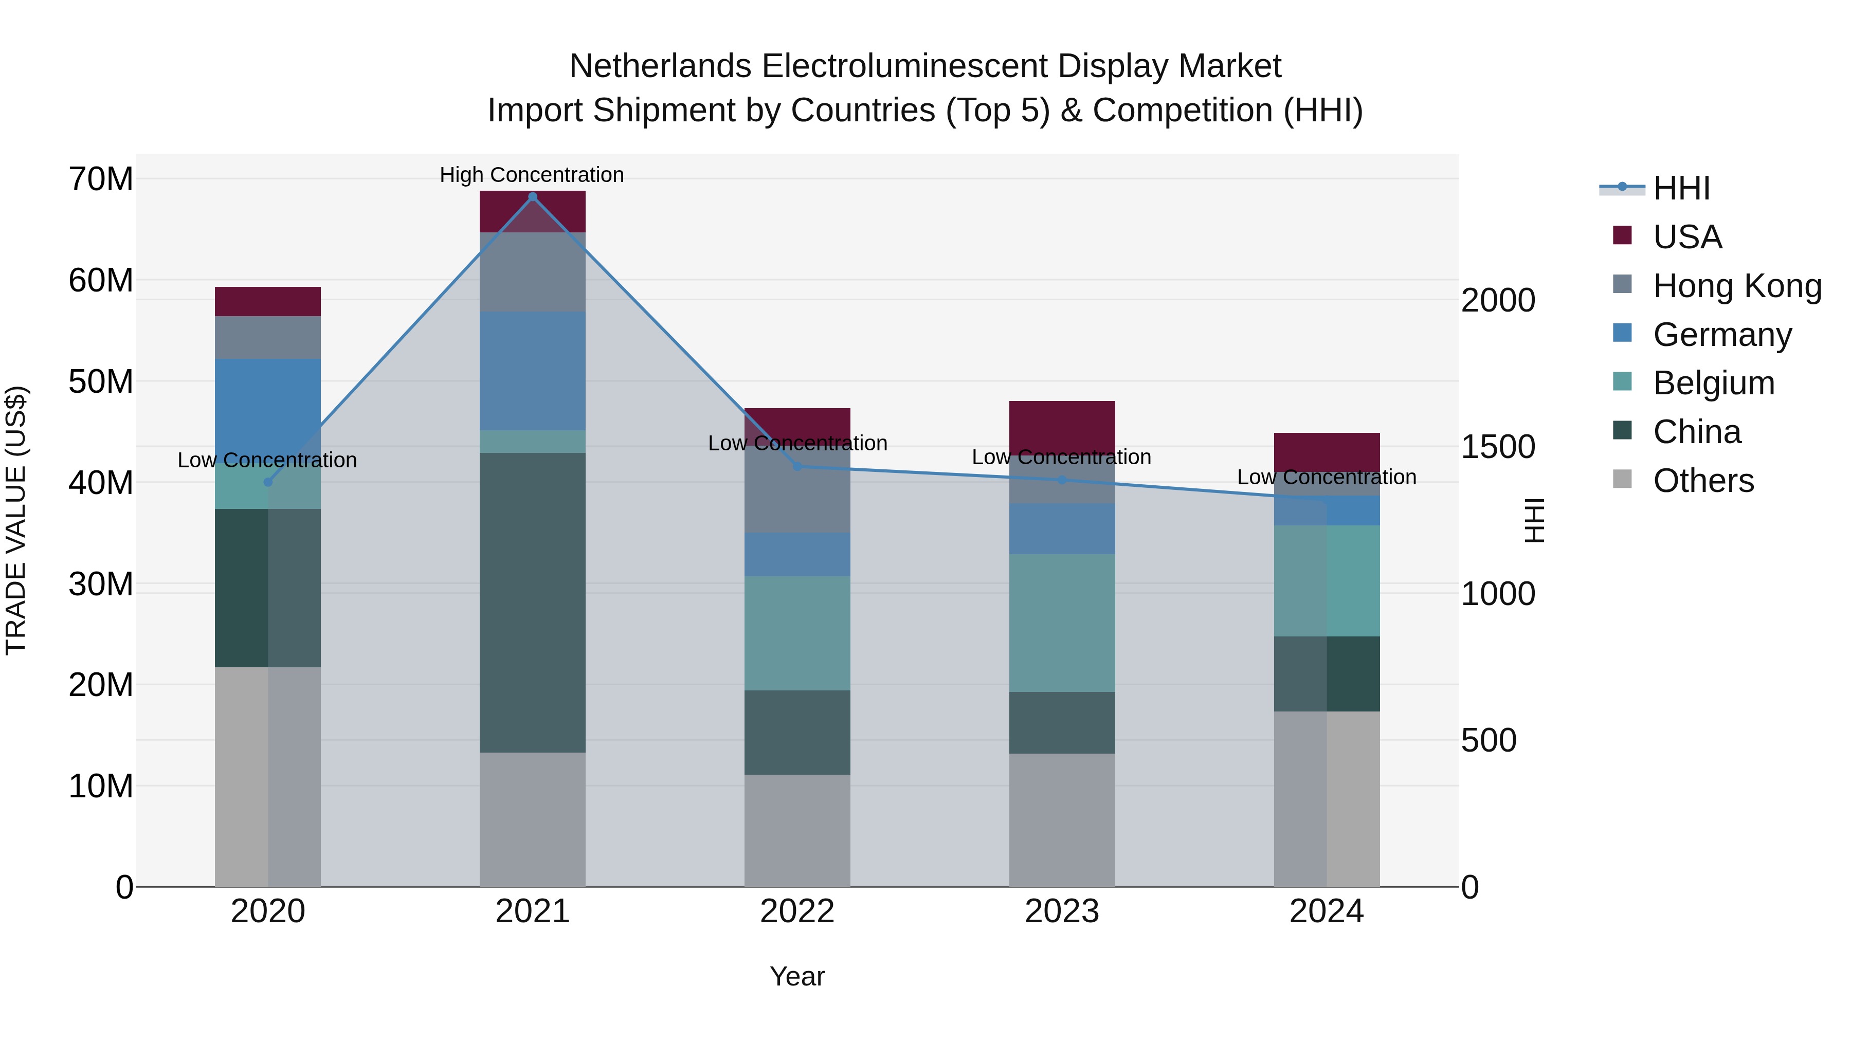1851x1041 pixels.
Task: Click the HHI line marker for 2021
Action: [x=533, y=197]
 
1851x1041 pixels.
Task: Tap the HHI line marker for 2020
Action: [x=268, y=482]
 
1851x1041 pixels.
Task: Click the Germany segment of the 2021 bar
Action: [x=533, y=371]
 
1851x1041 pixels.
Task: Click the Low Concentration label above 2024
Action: [x=1327, y=477]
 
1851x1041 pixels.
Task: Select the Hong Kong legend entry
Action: [x=1737, y=286]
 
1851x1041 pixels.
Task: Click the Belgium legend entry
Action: [x=1713, y=383]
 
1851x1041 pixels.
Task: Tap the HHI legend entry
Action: [x=1681, y=188]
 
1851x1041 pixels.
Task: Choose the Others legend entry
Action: [x=1703, y=481]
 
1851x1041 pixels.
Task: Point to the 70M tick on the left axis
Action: [x=101, y=179]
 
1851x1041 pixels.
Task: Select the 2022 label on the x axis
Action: [x=797, y=911]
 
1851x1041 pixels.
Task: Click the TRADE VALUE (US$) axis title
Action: [x=16, y=520]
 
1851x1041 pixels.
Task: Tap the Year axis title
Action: [x=797, y=976]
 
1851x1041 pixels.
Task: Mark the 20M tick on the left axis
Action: [x=101, y=685]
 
